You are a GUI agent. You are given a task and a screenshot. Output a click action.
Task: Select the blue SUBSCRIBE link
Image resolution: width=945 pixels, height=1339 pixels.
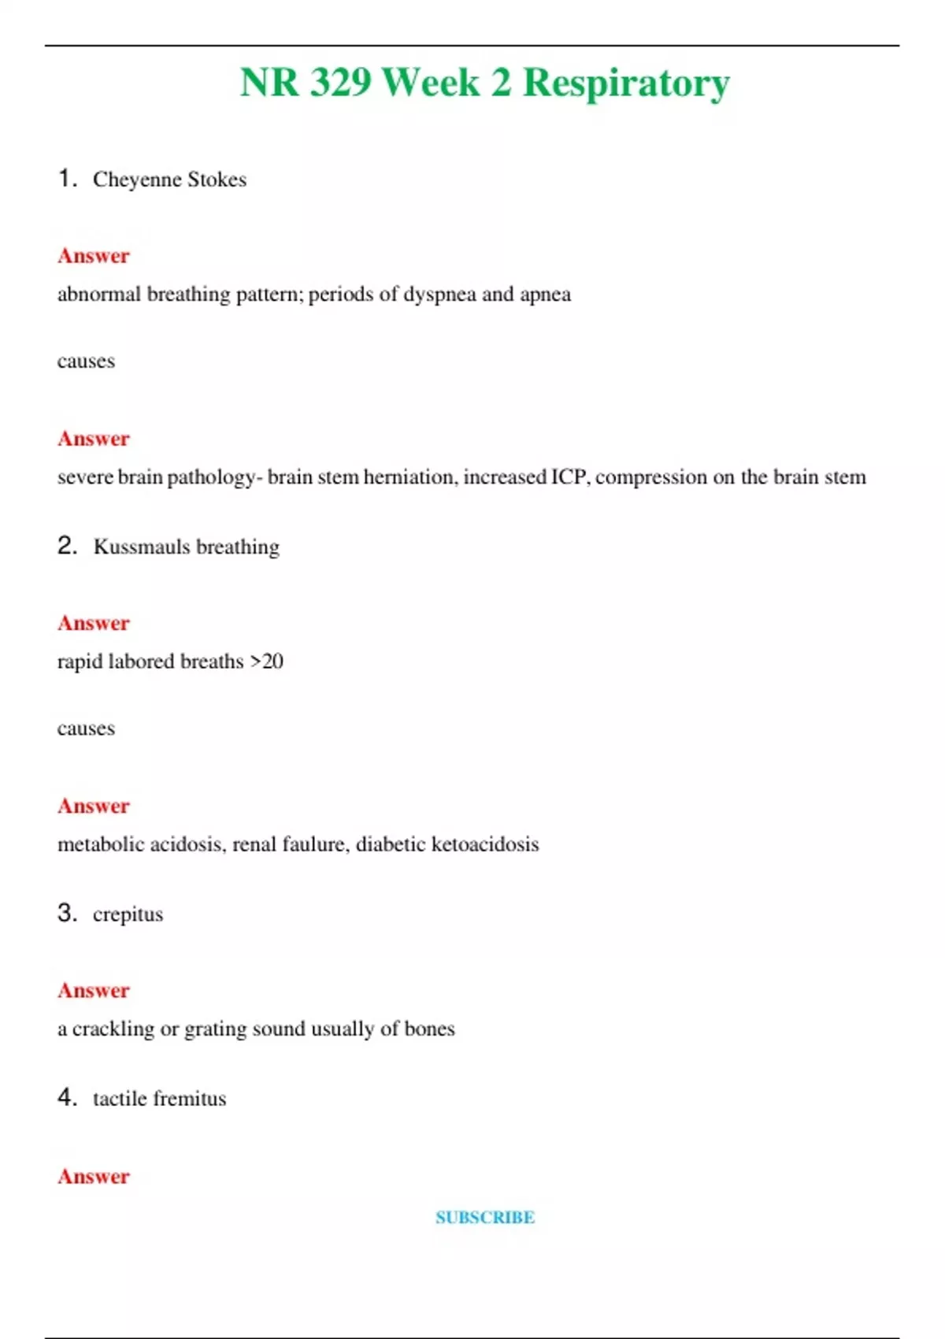(x=485, y=1217)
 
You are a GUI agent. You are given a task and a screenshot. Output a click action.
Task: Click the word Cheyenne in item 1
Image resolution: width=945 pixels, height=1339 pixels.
(x=137, y=180)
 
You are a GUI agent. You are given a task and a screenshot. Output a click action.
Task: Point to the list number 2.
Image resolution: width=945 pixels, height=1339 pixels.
(x=67, y=545)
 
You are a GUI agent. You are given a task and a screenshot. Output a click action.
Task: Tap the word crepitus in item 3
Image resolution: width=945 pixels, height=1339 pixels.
(x=128, y=914)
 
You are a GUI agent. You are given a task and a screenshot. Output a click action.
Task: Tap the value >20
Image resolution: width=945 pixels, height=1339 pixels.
(x=267, y=661)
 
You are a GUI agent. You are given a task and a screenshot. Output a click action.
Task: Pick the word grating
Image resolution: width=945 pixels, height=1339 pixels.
(x=215, y=1029)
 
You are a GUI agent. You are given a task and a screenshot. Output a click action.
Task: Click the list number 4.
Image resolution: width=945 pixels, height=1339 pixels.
(x=67, y=1096)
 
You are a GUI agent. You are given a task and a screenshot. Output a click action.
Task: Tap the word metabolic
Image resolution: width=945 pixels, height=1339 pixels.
(x=100, y=844)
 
